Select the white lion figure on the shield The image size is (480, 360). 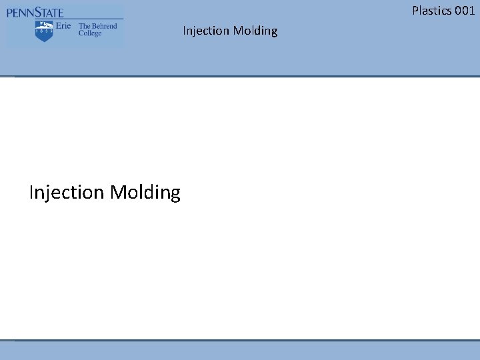[45, 26]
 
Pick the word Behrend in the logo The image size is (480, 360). [103, 27]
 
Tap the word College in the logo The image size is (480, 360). [91, 33]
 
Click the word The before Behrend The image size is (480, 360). [84, 27]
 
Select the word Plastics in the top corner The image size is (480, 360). [433, 10]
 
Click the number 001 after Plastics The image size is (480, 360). [465, 10]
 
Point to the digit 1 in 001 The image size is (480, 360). [472, 10]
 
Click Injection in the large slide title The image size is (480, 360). [67, 193]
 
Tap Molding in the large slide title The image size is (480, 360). [145, 193]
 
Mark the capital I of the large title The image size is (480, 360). [31, 193]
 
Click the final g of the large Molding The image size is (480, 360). [175, 195]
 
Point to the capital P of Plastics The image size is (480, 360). [415, 10]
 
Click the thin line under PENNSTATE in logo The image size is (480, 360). [65, 19]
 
